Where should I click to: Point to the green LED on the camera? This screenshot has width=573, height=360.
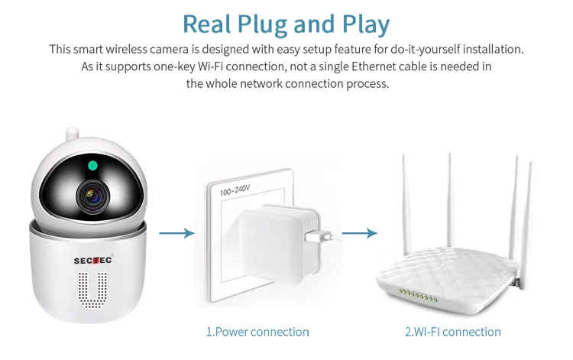click(92, 165)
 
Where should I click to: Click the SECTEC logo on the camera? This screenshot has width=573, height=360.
click(92, 259)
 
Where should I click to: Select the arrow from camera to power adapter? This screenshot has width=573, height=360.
click(176, 232)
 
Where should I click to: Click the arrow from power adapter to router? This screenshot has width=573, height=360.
click(359, 232)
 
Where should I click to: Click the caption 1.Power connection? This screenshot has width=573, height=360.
click(257, 332)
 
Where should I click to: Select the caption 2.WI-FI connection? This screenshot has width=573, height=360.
click(452, 332)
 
